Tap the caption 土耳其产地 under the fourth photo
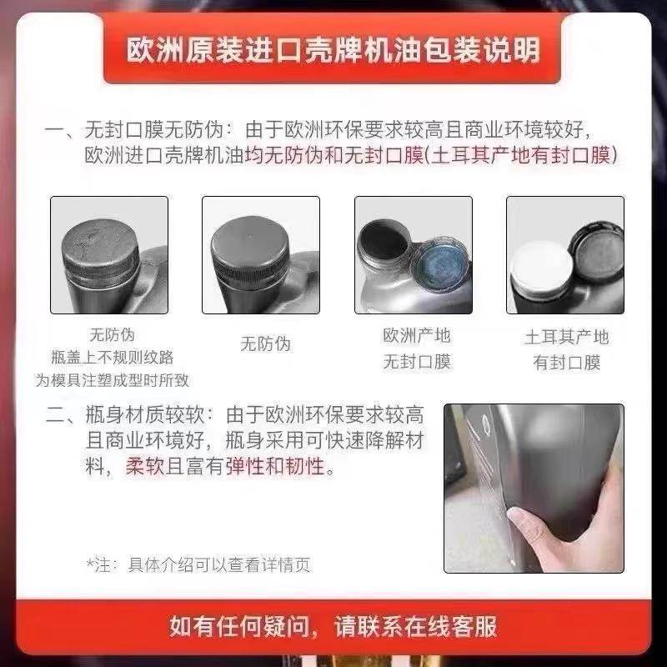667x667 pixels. (566, 337)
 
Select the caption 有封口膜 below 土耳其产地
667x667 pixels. (566, 363)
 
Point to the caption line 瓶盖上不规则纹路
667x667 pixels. (112, 358)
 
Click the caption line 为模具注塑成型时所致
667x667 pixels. (112, 380)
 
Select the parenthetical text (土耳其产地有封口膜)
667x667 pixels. (521, 156)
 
